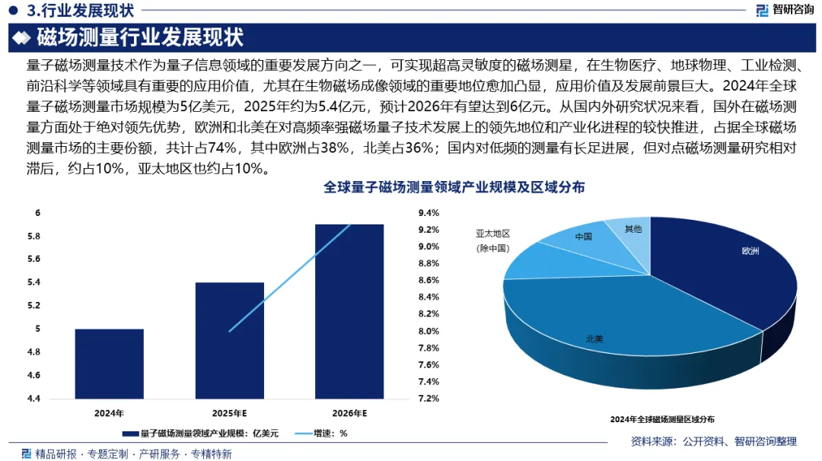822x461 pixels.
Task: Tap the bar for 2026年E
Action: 349,311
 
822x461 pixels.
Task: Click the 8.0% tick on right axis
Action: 429,331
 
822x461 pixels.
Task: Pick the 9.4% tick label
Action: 429,213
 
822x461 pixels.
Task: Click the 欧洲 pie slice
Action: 731,266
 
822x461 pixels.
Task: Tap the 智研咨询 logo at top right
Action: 784,10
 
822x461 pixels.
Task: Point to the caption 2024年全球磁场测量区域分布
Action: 662,418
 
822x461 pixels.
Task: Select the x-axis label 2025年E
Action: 229,413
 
